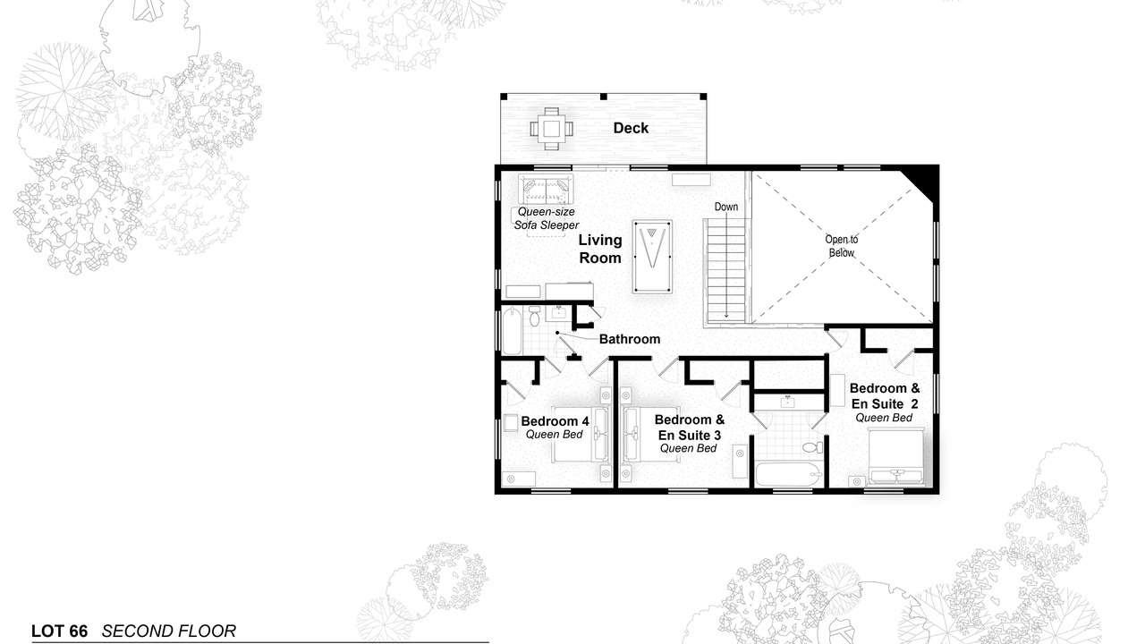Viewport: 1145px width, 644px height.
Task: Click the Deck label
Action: point(631,128)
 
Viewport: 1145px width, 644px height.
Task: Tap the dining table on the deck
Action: point(551,129)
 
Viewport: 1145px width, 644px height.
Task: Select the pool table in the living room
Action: point(652,257)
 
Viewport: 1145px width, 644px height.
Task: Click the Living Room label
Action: point(600,249)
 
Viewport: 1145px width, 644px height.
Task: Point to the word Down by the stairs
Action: point(725,207)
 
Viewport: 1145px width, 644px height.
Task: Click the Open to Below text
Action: point(842,246)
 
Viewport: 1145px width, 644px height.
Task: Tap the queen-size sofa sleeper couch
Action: point(546,190)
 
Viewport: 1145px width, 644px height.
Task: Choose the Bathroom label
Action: point(630,339)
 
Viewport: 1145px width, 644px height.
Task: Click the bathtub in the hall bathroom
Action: point(512,331)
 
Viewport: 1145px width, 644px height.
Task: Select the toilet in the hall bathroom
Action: point(534,316)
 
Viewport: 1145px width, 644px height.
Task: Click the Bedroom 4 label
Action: point(555,421)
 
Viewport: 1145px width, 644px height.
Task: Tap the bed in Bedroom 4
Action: point(581,435)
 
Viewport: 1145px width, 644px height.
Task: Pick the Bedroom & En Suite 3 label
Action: point(690,428)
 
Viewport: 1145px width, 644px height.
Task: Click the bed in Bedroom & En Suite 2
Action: point(896,456)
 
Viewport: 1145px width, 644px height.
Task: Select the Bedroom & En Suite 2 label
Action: point(885,396)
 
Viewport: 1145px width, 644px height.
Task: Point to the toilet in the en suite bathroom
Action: point(813,448)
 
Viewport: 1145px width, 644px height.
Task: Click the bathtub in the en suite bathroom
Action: point(789,474)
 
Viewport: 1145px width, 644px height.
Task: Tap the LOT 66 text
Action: point(59,631)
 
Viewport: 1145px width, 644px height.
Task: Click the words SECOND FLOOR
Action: point(169,631)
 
